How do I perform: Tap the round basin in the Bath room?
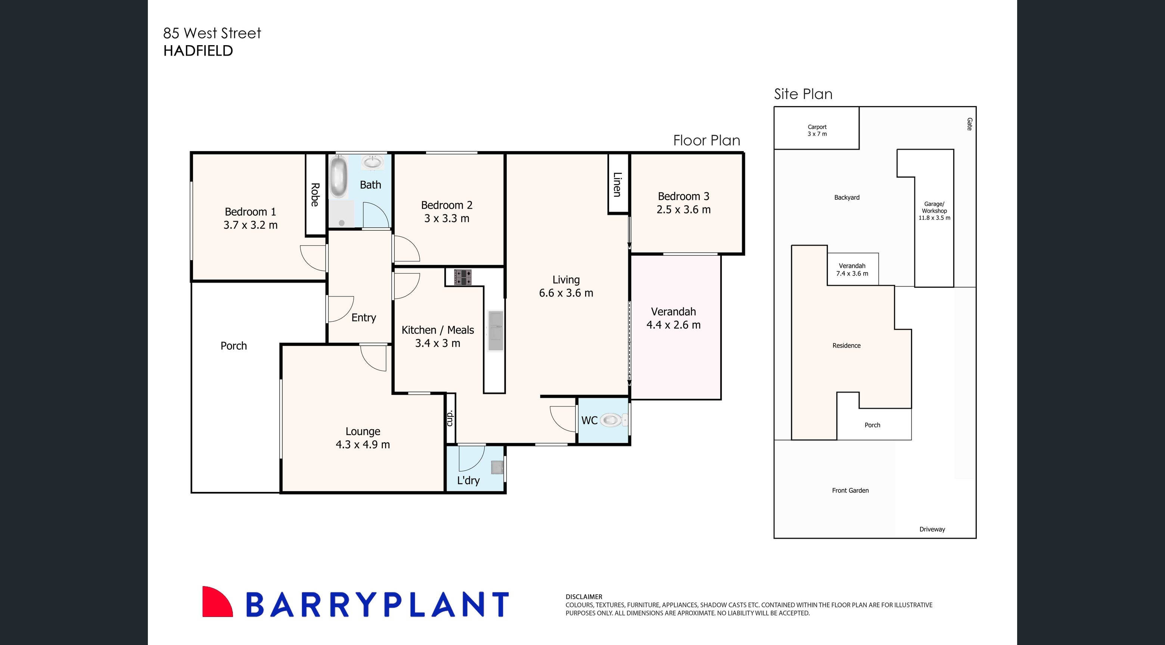pos(373,162)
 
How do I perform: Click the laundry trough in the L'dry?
pos(497,467)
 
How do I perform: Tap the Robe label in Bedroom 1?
pos(315,195)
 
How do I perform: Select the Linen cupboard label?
pos(617,184)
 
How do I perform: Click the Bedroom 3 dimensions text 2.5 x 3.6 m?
pos(683,210)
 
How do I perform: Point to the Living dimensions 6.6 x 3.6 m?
pos(566,293)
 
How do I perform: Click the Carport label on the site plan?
pos(817,127)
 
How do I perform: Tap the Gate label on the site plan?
pos(969,124)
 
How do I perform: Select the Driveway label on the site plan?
pos(932,529)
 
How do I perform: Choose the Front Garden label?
pos(850,490)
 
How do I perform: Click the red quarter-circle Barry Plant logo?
pos(216,602)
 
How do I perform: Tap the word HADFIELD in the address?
pos(198,51)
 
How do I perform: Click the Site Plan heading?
pos(803,94)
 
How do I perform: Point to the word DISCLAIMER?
pos(583,596)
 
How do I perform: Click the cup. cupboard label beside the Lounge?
pos(450,418)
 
